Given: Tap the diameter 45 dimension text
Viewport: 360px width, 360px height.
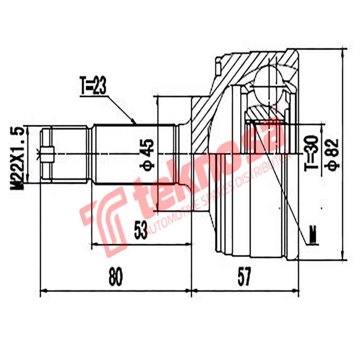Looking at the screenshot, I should (x=148, y=153).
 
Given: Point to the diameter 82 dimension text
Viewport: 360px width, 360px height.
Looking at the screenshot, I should (x=333, y=153).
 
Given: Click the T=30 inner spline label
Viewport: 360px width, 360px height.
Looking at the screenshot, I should (x=315, y=153).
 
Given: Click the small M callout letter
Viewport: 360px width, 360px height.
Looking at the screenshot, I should (x=313, y=234).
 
